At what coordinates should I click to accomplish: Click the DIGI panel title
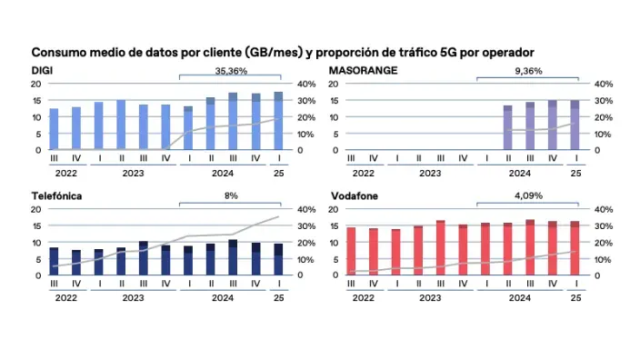coord(42,70)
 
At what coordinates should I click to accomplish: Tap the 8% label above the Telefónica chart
coord(231,195)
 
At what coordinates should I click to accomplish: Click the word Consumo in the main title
coord(58,52)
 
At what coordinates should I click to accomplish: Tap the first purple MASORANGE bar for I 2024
coord(507,127)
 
